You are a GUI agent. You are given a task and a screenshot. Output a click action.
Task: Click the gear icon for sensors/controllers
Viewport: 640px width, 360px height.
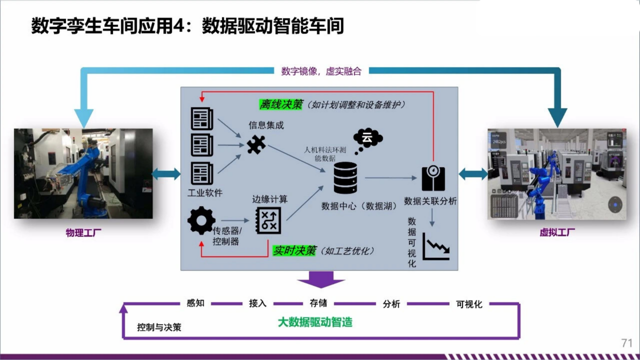point(201,220)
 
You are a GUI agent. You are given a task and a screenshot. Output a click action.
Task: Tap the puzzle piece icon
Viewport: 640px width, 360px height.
point(256,144)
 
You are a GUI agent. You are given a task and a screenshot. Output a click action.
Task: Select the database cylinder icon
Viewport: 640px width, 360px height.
point(345,178)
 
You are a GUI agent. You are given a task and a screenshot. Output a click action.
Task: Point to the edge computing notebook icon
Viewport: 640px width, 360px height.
point(268,220)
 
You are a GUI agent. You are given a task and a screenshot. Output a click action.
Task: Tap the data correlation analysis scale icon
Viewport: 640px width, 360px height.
point(433,178)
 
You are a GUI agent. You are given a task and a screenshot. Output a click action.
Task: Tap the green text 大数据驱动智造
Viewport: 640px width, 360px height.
point(315,322)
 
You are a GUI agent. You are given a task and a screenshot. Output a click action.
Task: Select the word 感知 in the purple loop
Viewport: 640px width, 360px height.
point(195,303)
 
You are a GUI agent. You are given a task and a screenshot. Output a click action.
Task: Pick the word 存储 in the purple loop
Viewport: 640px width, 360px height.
point(318,303)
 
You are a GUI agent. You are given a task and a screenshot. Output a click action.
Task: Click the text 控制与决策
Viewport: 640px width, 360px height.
point(159,327)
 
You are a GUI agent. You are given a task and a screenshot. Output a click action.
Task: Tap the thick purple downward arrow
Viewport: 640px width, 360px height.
point(321,279)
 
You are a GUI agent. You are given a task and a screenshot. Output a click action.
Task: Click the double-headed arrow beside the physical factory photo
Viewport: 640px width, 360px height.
point(166,174)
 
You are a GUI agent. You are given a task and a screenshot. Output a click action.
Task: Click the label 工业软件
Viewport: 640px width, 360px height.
point(204,192)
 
